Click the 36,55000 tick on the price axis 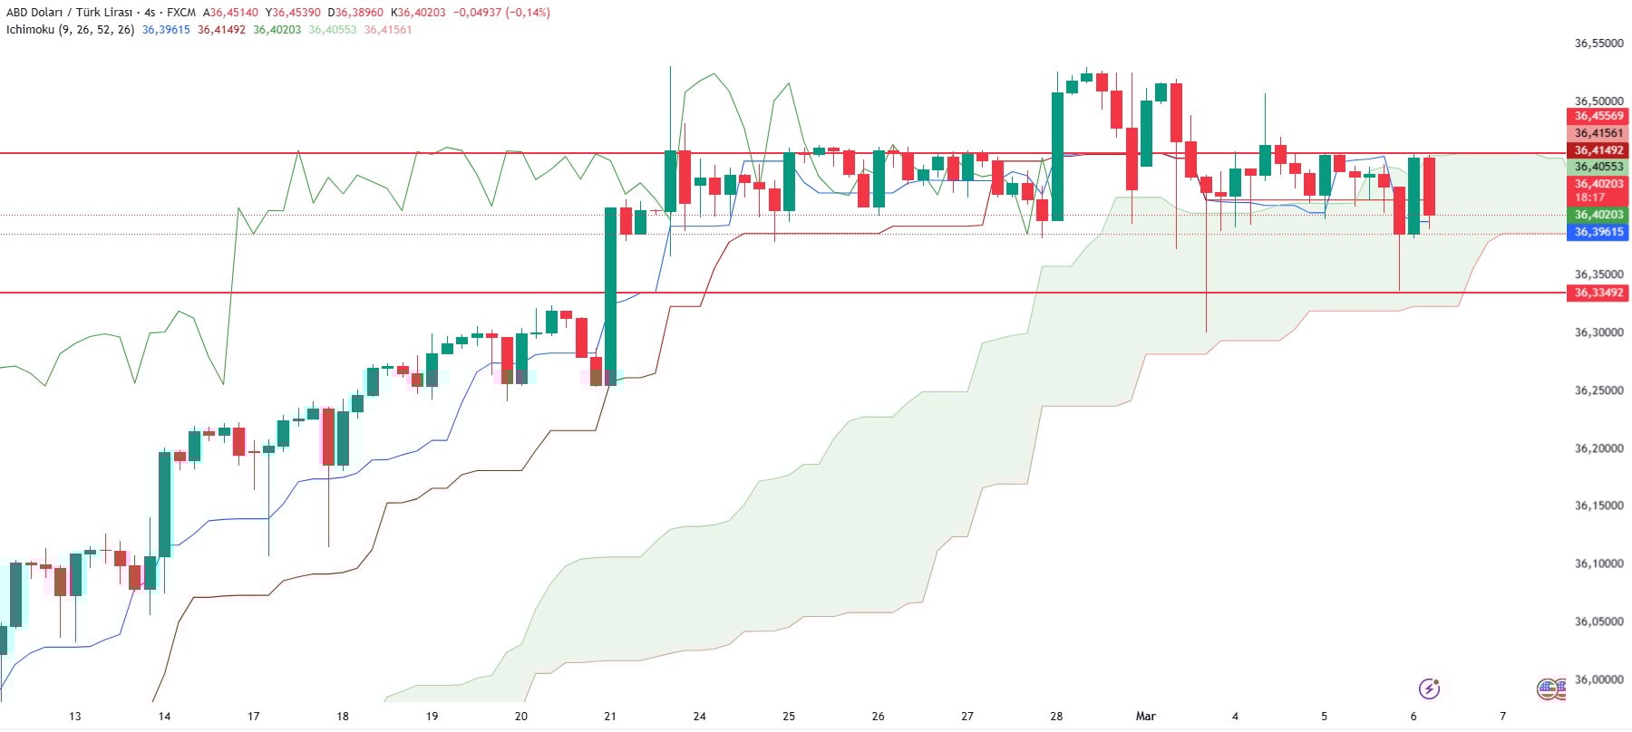coord(1598,43)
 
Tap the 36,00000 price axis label coord(1598,679)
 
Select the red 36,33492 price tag coord(1598,293)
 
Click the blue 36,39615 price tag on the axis coord(1598,232)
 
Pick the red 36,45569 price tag coord(1598,116)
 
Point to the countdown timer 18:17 coord(1589,197)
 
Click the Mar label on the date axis coord(1146,716)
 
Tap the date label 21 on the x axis coord(610,716)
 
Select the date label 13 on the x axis coord(75,716)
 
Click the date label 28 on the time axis coord(1056,716)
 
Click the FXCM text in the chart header coord(181,13)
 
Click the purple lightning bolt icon coord(1429,689)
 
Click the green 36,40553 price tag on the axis coord(1598,167)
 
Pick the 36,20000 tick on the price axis coord(1598,448)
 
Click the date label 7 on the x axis coord(1502,716)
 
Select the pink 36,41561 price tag coord(1598,133)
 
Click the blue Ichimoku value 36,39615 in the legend coord(166,30)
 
